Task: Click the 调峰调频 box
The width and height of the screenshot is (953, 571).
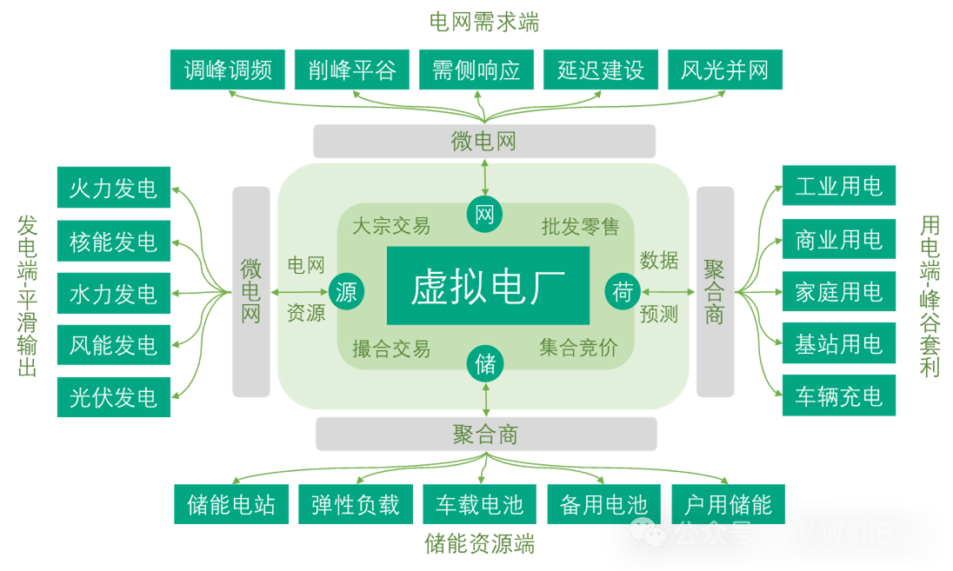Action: point(228,70)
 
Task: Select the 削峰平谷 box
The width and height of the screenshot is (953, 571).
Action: point(352,70)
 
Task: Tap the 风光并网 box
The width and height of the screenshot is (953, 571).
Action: point(725,70)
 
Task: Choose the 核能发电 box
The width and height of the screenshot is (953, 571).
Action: point(114,241)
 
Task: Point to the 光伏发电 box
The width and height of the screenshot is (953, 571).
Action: point(114,397)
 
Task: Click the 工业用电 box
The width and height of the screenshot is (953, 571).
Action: point(838,186)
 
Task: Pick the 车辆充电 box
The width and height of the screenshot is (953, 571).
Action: point(838,396)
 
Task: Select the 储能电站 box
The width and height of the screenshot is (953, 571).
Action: point(231,504)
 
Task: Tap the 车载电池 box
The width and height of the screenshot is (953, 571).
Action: point(480,504)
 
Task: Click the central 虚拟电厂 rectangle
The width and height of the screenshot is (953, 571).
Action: point(488,286)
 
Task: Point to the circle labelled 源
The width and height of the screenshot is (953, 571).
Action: point(346,292)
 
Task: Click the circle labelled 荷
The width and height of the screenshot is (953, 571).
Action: point(623,292)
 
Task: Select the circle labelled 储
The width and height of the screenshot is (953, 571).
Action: point(485,363)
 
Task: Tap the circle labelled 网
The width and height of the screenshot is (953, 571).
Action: point(485,215)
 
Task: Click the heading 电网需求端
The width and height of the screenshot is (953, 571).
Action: point(484,22)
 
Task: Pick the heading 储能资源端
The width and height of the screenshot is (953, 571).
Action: point(480,545)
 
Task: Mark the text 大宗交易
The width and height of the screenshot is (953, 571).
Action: point(391,227)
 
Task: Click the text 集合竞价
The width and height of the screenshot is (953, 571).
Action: point(578,349)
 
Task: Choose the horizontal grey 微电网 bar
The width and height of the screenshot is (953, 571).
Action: point(484,141)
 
